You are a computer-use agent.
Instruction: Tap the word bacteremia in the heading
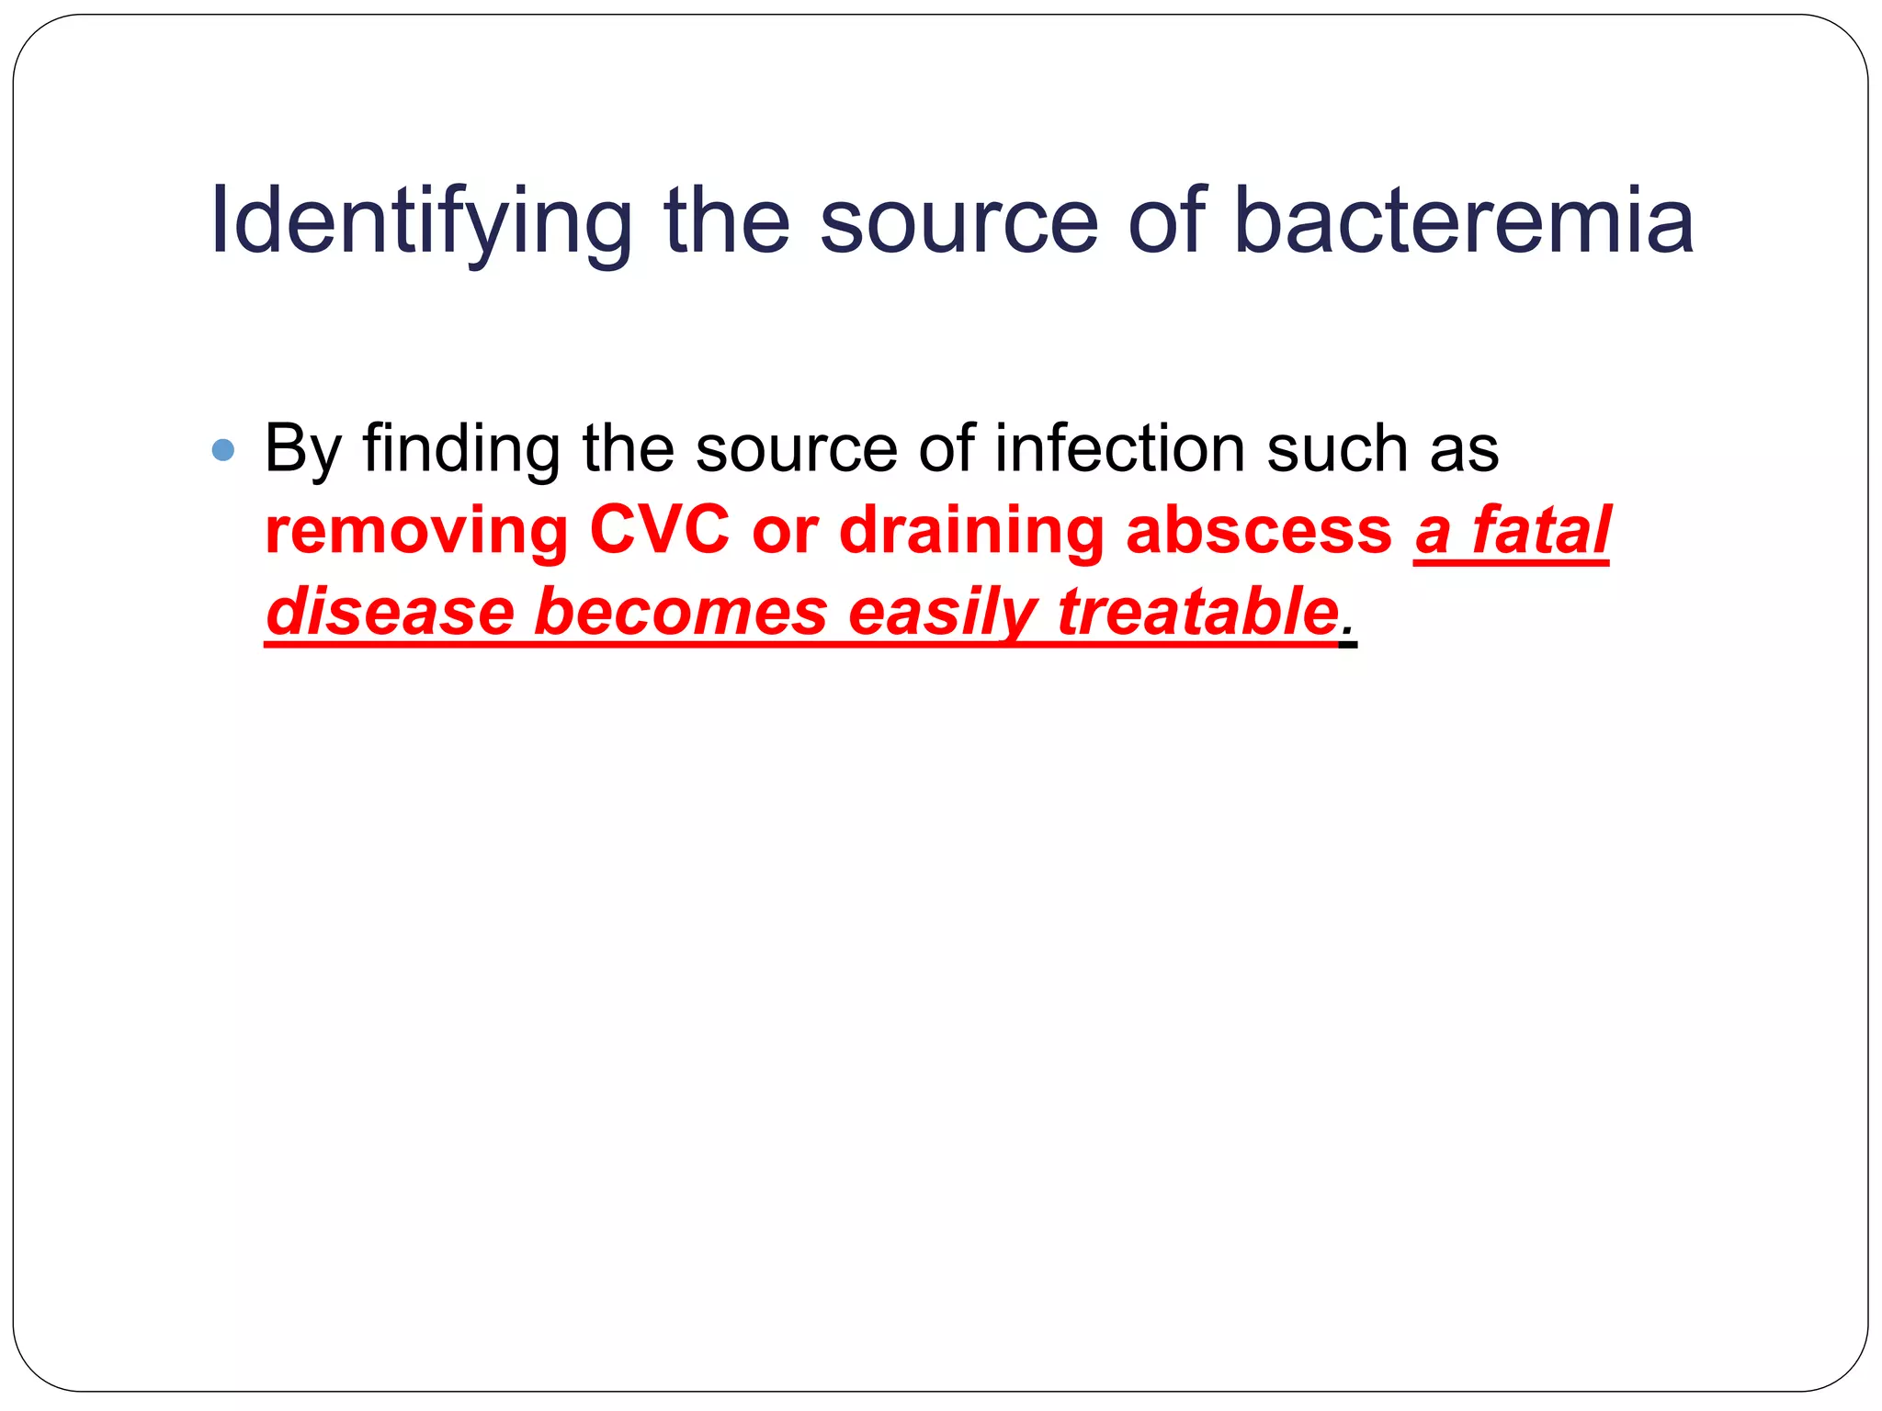coord(1463,222)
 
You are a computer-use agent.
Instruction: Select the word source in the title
coord(958,222)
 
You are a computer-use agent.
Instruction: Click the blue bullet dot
coord(222,450)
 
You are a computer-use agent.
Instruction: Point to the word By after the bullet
coord(302,450)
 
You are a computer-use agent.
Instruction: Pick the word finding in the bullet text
coord(461,450)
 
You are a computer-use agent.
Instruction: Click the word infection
coord(1119,450)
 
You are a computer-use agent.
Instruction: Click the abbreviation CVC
coord(659,531)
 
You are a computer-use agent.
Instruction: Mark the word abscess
coord(1258,531)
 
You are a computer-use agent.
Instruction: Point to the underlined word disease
coord(390,613)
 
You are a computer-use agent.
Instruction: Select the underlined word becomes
coord(680,613)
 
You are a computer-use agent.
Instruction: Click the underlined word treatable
coord(1197,613)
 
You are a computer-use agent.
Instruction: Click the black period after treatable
coord(1348,634)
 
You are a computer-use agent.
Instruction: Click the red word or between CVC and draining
coord(785,533)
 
